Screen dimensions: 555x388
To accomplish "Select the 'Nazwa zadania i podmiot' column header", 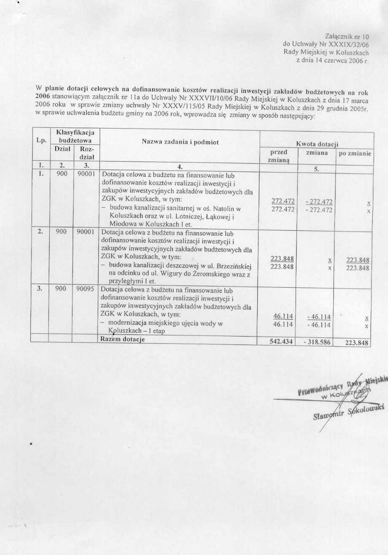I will click(180, 143).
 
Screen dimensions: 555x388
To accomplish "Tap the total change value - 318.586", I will click(318, 342).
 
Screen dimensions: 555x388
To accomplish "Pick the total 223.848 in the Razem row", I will click(357, 343).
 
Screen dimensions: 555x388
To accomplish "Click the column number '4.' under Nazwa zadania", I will click(180, 166).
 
